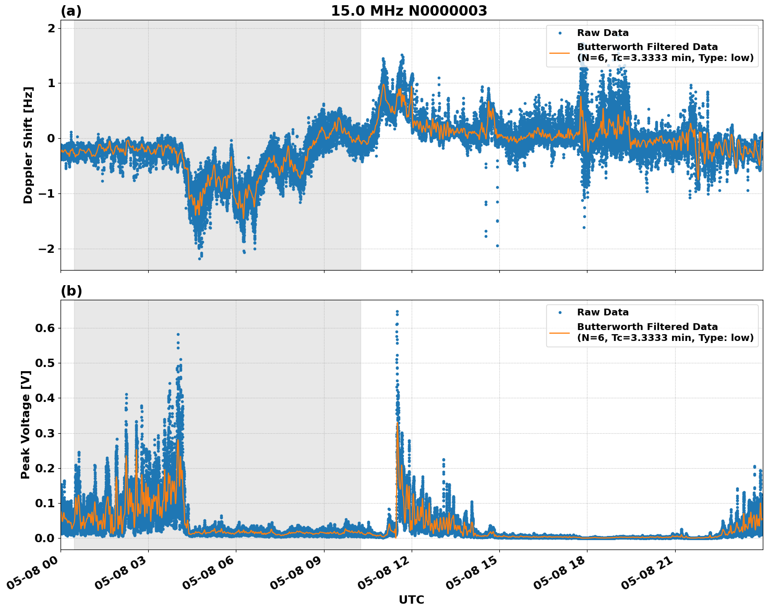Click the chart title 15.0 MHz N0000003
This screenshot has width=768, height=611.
pos(409,11)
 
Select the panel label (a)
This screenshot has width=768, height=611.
pos(71,11)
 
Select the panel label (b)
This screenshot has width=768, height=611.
pos(71,291)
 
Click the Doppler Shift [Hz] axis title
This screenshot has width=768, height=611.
pos(28,145)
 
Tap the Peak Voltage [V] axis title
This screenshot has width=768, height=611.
pos(26,424)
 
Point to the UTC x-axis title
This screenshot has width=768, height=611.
pos(411,600)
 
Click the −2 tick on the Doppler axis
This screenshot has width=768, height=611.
pos(46,249)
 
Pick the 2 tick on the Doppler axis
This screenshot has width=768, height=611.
pos(51,28)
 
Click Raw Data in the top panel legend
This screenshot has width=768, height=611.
pos(603,33)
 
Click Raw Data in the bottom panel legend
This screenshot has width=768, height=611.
pos(603,312)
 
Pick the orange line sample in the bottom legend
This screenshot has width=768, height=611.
pos(559,332)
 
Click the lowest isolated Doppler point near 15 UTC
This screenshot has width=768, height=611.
pos(497,246)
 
